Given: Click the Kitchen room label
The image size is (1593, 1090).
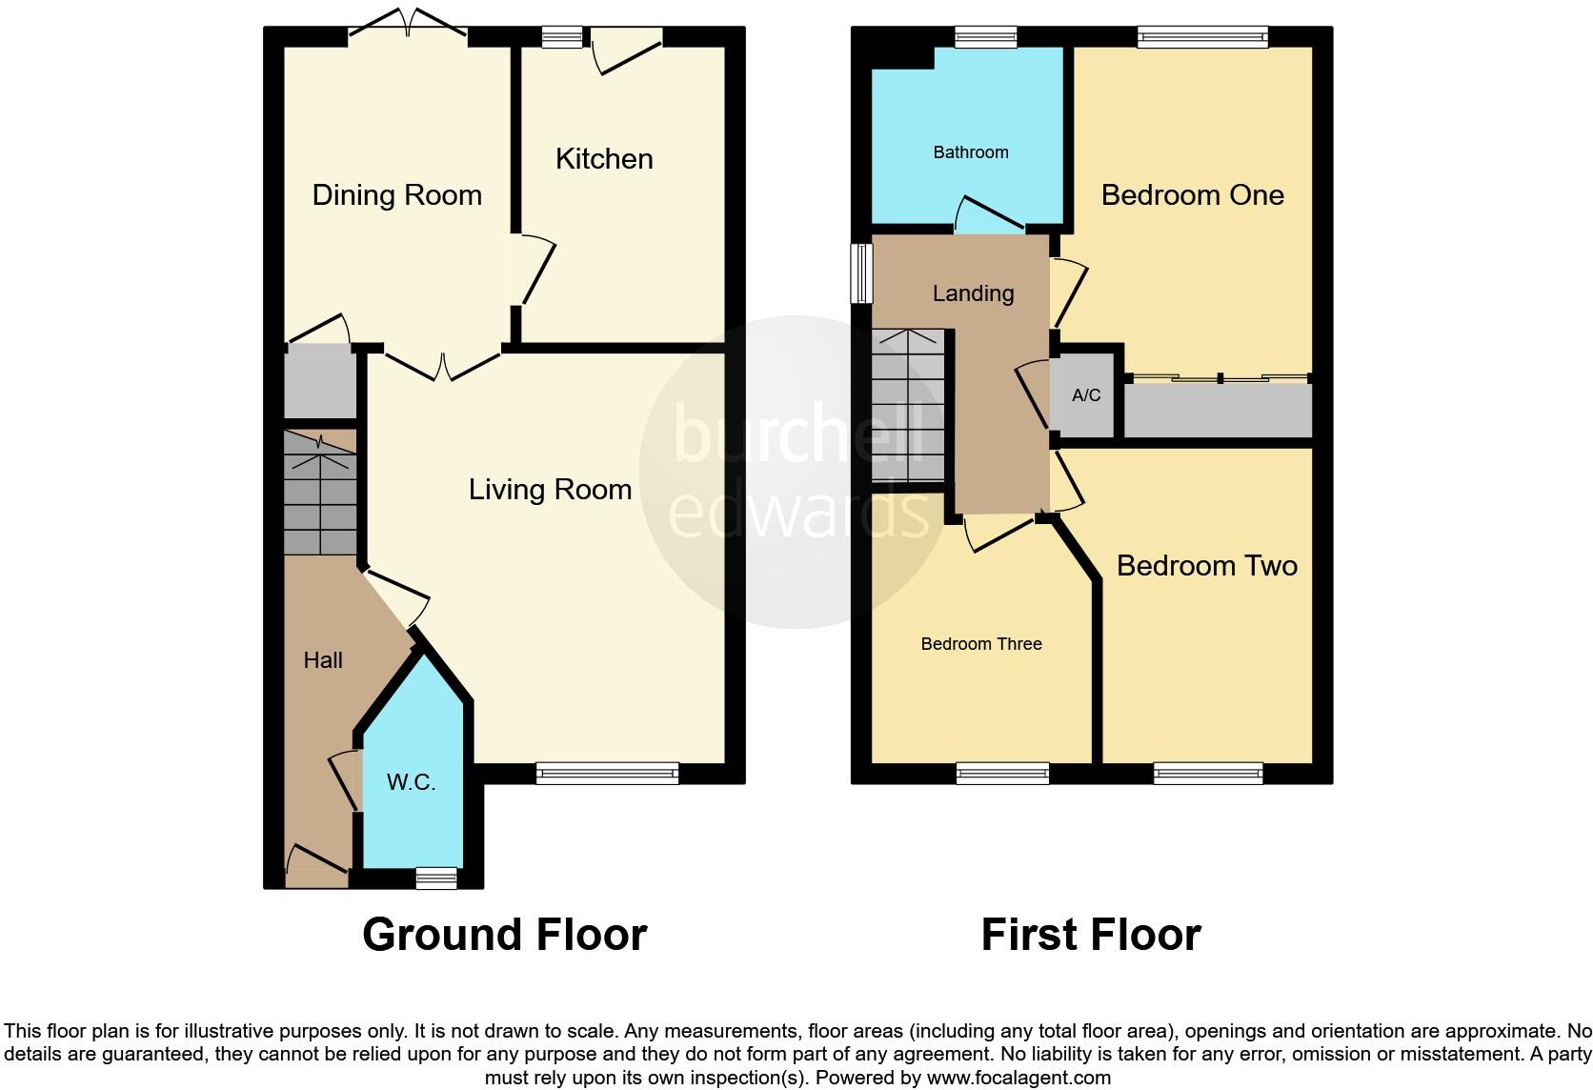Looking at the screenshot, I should [604, 159].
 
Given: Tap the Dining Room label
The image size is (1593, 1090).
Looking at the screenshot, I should [397, 195].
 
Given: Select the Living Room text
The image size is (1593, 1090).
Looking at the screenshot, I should [550, 490].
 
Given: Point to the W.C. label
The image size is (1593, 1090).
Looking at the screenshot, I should [411, 782].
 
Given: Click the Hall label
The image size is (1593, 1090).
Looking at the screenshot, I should [323, 660].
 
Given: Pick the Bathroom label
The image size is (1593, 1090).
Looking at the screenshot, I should [970, 152].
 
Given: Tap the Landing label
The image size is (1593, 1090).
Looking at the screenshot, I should [973, 293].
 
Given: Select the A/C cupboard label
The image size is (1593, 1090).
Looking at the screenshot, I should [1086, 395].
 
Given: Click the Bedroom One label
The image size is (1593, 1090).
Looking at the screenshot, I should [1192, 195].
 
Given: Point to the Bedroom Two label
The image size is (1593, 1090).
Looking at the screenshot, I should [1206, 566].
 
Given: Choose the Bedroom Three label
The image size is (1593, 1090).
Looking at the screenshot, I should [981, 644].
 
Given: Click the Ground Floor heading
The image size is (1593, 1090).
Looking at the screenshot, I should [504, 935].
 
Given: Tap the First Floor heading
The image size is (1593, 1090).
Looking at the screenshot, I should [1091, 935].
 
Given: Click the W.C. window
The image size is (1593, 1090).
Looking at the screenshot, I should [436, 878].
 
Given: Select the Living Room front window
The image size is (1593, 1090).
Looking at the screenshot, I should [607, 774].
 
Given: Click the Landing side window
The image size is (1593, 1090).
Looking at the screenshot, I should [861, 272].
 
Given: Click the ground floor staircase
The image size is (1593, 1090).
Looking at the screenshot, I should [320, 495].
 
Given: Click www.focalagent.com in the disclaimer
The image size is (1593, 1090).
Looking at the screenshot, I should [1018, 1079].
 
